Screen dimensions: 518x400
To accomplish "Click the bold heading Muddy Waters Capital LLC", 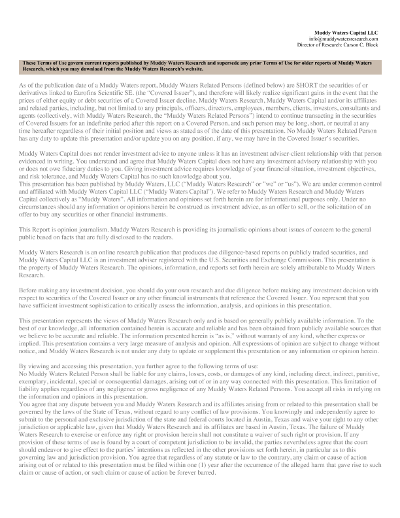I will pyautogui.click(x=346, y=32).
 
